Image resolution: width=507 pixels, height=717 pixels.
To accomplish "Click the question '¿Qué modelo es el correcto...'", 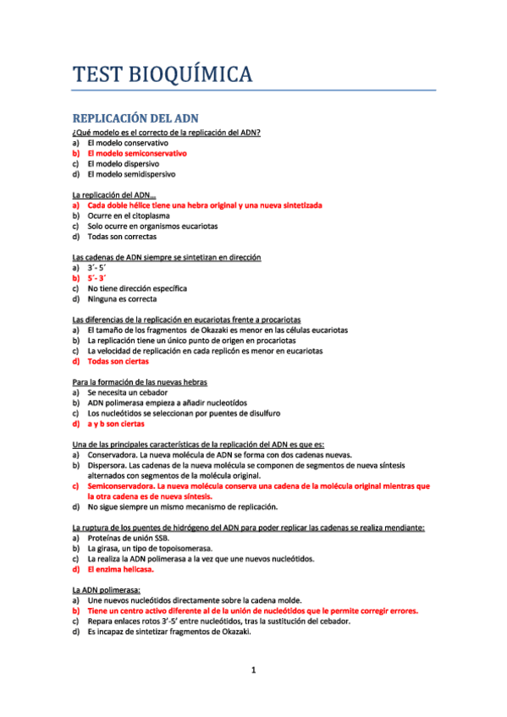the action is pyautogui.click(x=166, y=133).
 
